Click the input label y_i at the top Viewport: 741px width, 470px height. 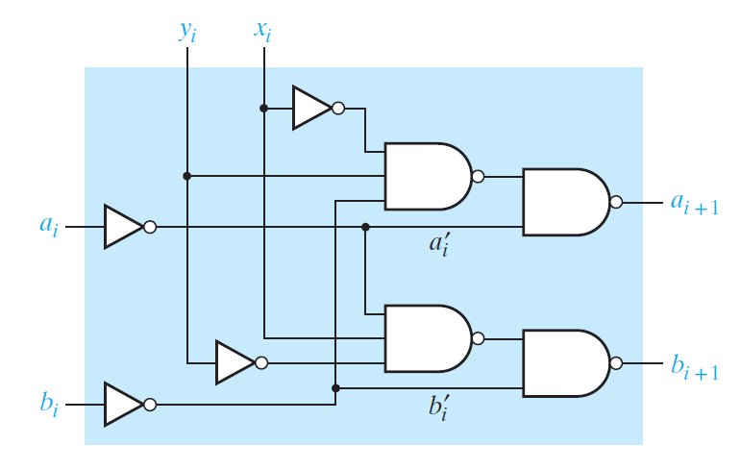(187, 31)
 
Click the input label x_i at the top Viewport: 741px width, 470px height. (262, 31)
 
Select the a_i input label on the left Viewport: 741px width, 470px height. (48, 227)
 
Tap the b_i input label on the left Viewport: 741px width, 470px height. (49, 404)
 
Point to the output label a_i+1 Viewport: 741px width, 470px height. (693, 203)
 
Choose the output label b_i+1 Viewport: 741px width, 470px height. (694, 366)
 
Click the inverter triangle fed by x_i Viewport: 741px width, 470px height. (310, 109)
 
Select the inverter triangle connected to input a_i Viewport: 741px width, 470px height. (122, 227)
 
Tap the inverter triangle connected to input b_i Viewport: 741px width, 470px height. (122, 405)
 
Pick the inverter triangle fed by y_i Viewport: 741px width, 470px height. (234, 363)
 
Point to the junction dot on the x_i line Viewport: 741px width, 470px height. (263, 109)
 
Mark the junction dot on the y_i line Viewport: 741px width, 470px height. (187, 176)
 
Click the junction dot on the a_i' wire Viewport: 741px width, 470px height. (365, 227)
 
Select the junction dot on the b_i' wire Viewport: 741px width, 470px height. (335, 388)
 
